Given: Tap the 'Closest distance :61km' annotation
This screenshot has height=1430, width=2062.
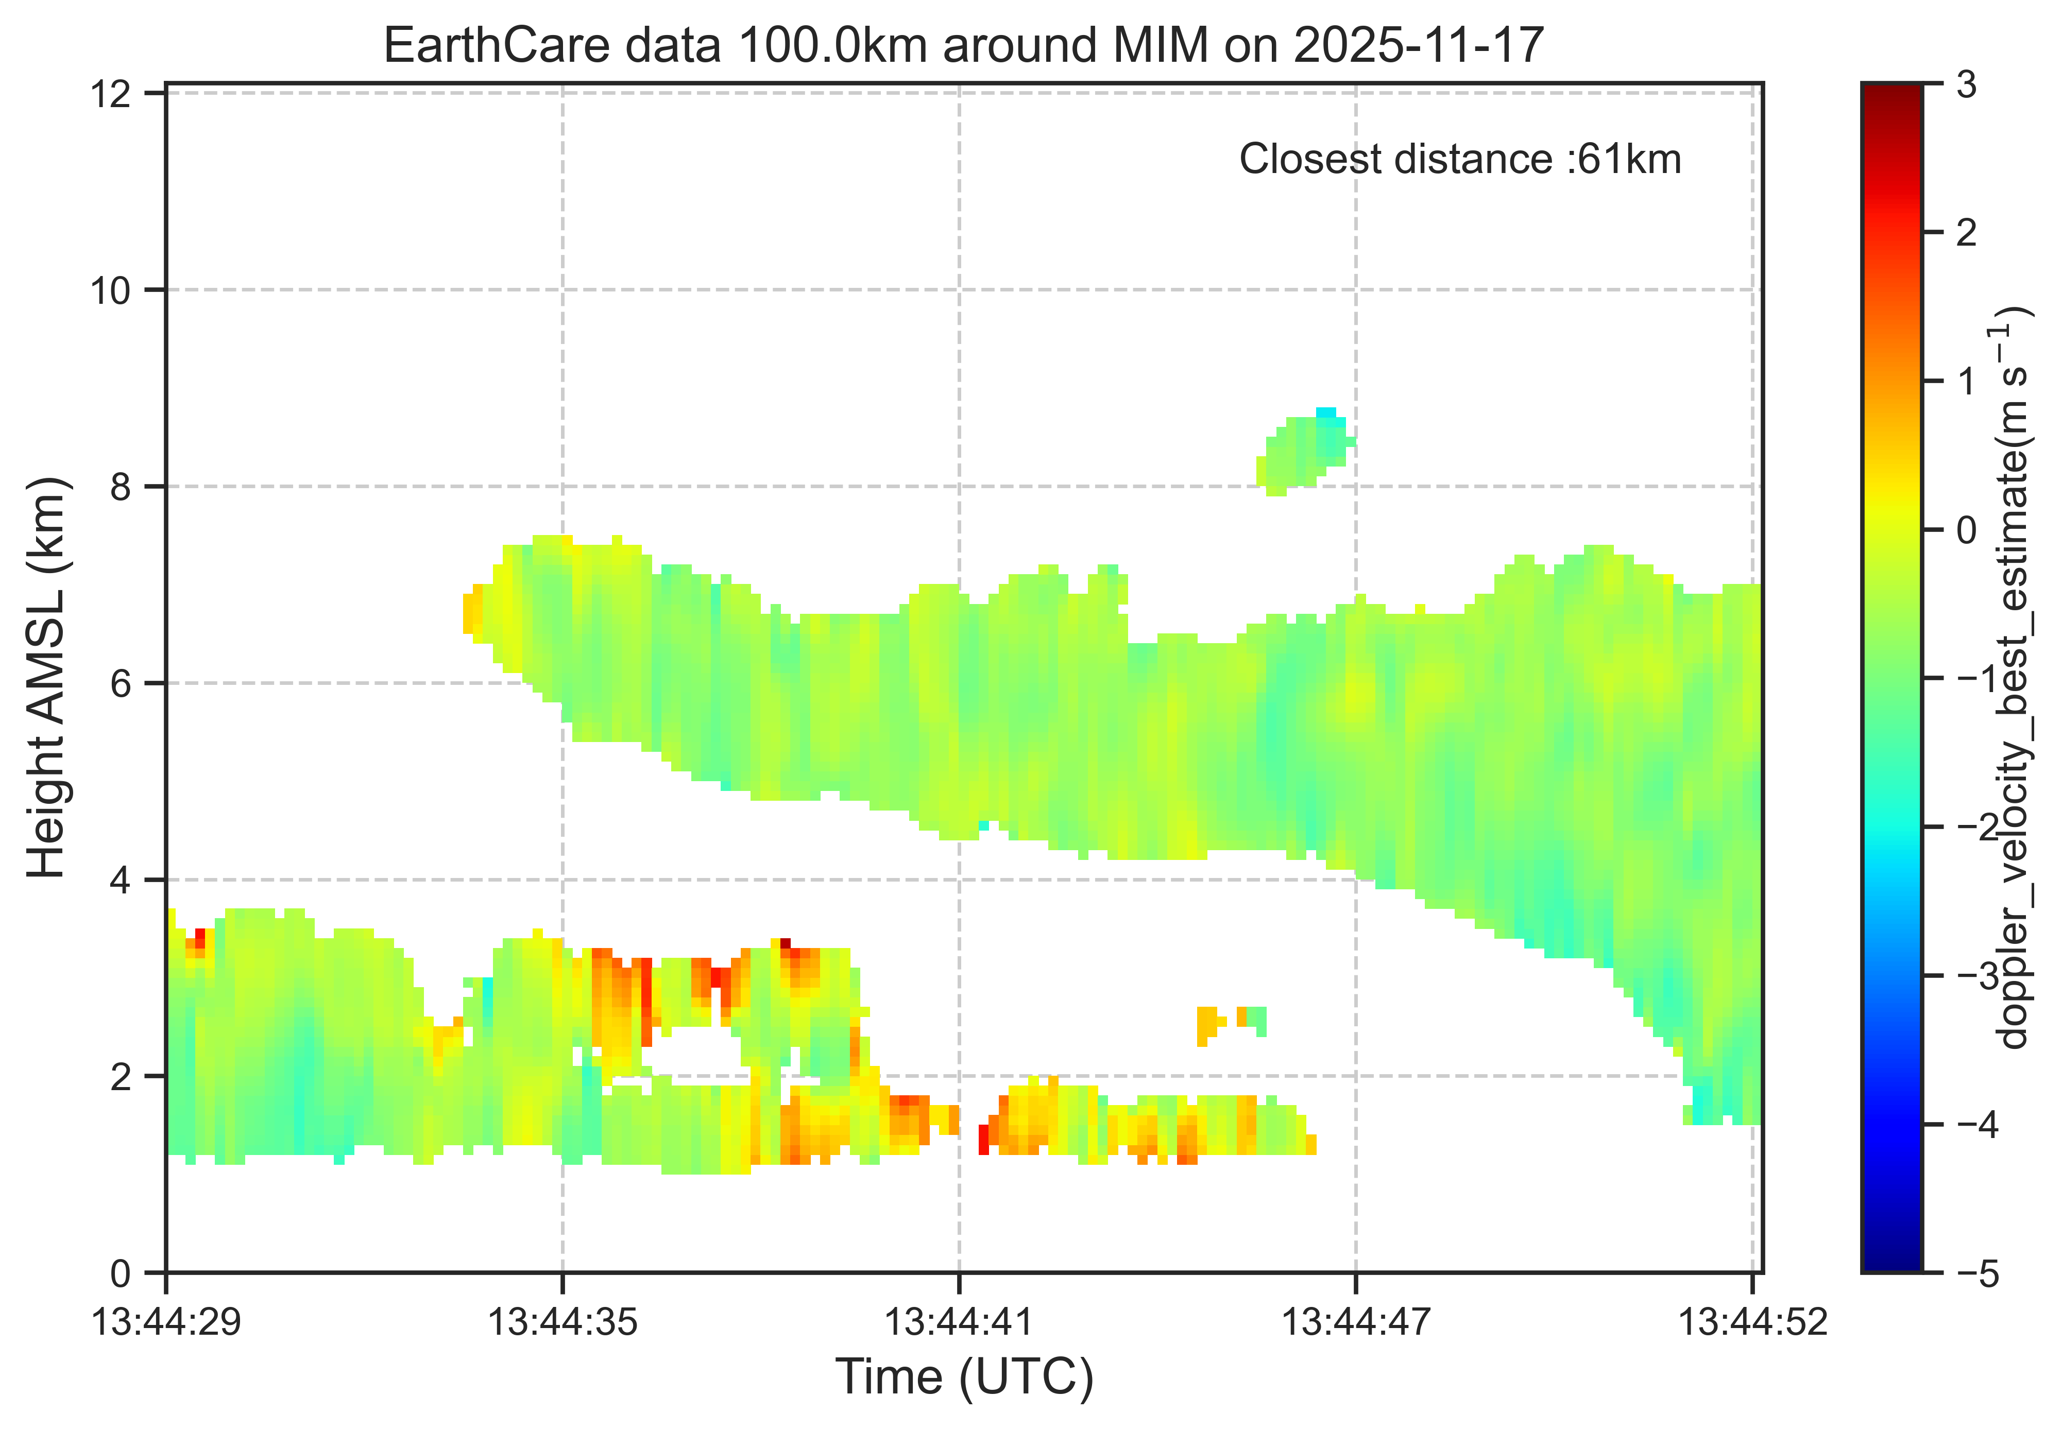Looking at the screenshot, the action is click(x=1460, y=160).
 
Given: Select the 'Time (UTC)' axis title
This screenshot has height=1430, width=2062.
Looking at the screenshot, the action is click(x=964, y=1377).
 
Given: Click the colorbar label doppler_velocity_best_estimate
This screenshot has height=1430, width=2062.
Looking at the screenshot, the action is click(x=2014, y=678).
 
